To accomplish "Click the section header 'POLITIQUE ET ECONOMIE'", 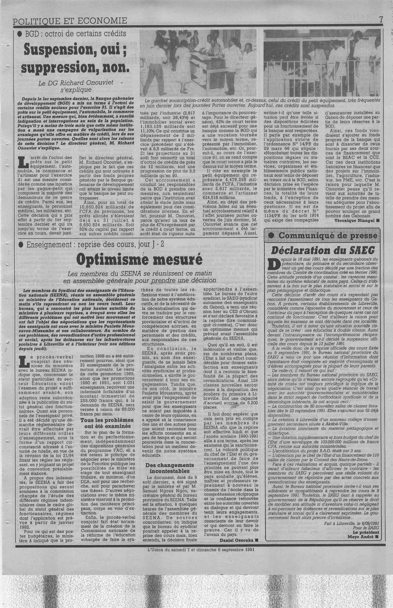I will [70, 21].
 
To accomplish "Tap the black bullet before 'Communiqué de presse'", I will [272, 235].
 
